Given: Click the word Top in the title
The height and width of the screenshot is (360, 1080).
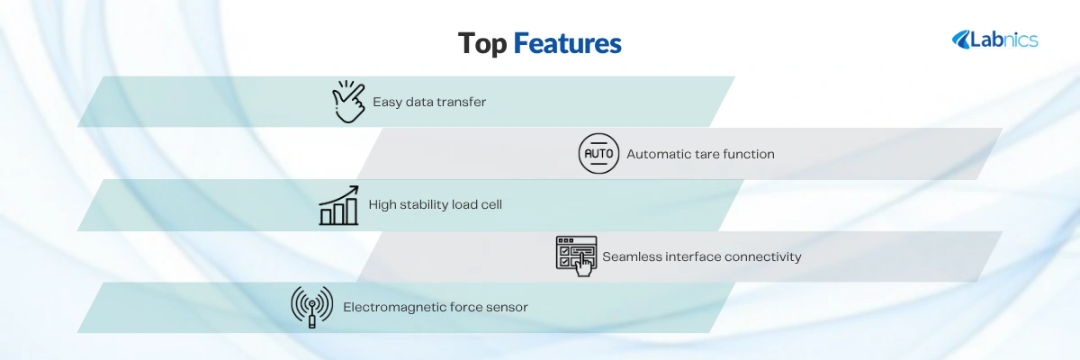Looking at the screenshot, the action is pyautogui.click(x=482, y=43).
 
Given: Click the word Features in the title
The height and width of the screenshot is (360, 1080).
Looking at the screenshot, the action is pyautogui.click(x=568, y=43).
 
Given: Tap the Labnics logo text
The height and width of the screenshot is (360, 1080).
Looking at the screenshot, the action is pyautogui.click(x=1003, y=40).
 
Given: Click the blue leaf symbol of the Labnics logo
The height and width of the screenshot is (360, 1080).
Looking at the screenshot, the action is pyautogui.click(x=961, y=40).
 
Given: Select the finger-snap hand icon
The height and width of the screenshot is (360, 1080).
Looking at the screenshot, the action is pyautogui.click(x=348, y=102).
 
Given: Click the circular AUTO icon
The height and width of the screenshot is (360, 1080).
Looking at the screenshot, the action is pyautogui.click(x=598, y=154).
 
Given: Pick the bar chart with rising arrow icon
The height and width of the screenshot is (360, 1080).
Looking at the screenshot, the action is pyautogui.click(x=339, y=205).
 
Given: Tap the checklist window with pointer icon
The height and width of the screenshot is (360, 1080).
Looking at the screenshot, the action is pyautogui.click(x=576, y=256).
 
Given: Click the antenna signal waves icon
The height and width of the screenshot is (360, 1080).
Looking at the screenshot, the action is pyautogui.click(x=312, y=307).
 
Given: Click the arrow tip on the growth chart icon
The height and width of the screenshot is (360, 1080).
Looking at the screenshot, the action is pyautogui.click(x=357, y=187).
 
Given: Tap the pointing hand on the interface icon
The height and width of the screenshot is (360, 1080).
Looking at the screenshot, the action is pyautogui.click(x=584, y=265).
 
